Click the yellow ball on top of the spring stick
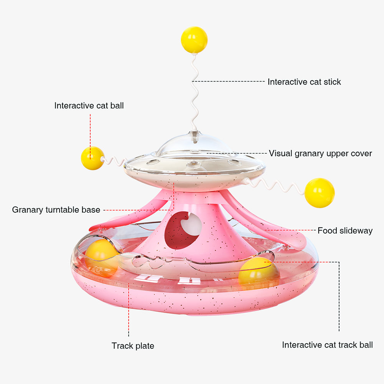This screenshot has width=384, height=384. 194,40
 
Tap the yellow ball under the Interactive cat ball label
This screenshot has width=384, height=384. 92,158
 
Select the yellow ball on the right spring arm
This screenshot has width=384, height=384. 319,193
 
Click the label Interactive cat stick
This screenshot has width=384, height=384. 304,82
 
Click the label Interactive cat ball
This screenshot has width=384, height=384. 89,106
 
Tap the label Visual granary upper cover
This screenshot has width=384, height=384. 320,154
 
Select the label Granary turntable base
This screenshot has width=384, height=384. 56,210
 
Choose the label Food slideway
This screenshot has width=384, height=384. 345,231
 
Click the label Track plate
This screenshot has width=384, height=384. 133,346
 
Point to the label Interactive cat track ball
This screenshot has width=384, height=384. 327,345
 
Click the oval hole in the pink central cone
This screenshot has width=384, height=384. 183,230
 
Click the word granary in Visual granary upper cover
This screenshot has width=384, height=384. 309,154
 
